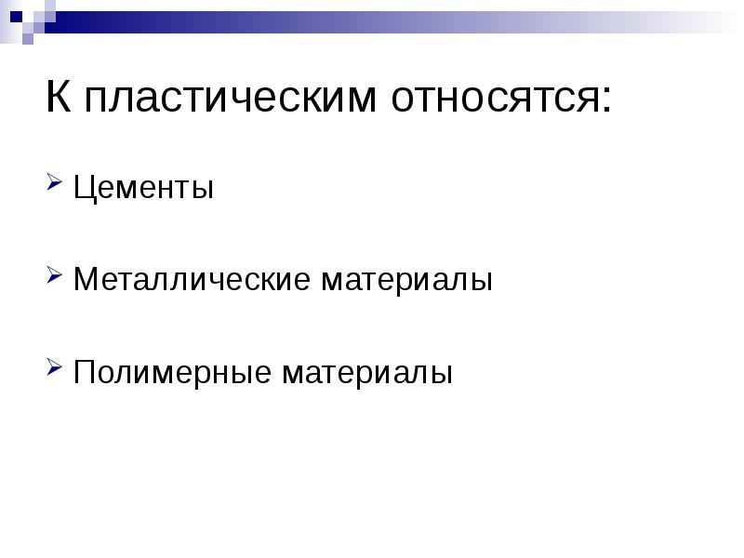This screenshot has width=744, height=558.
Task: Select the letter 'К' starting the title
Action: (58, 97)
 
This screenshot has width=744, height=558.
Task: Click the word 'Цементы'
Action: (144, 189)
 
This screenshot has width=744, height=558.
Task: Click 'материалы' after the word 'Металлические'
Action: (406, 280)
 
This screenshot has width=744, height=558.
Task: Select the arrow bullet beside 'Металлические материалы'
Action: (55, 276)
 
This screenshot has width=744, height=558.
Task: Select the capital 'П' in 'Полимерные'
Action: (84, 372)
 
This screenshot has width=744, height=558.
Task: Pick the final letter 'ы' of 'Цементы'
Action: (204, 191)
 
